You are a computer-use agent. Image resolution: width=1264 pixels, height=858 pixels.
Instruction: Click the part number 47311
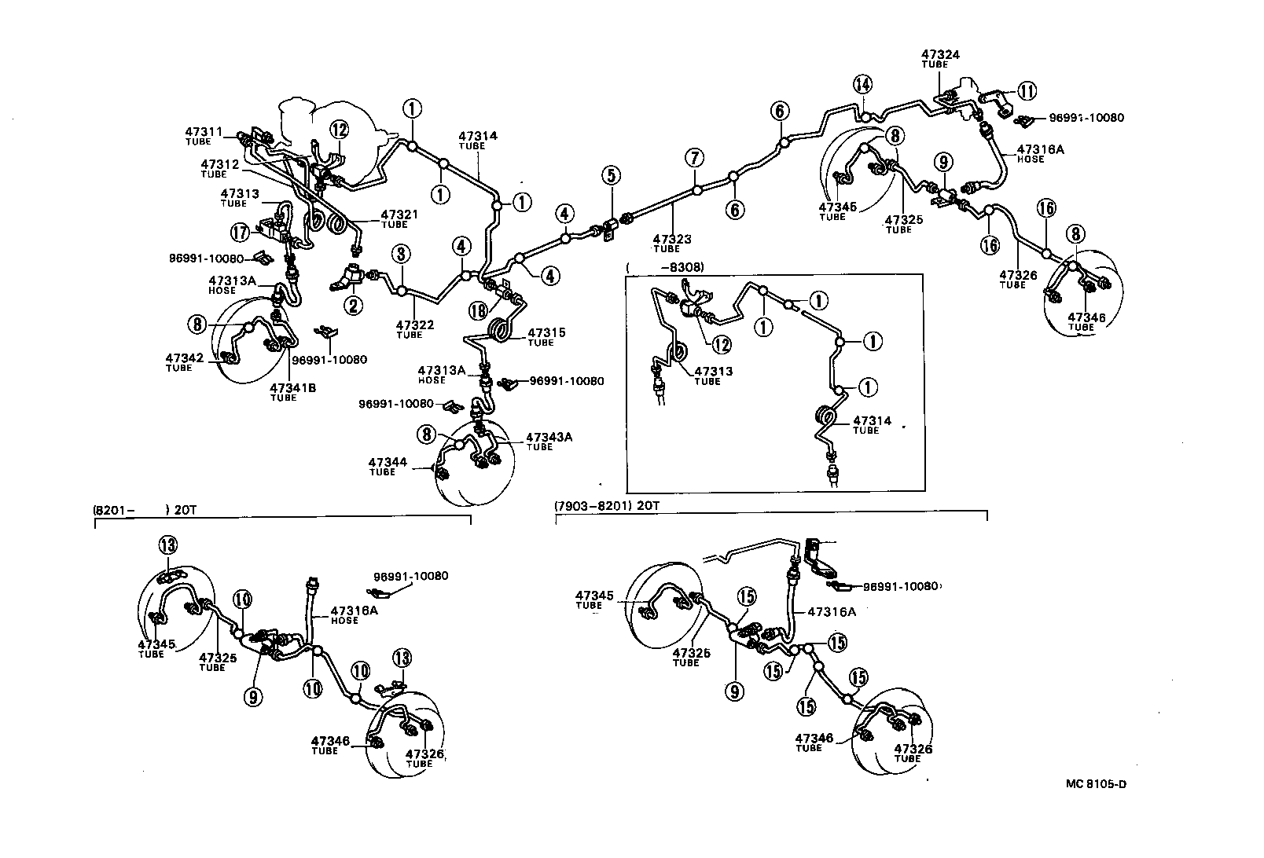click(204, 132)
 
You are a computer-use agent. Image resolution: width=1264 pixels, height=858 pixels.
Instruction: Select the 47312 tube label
click(219, 164)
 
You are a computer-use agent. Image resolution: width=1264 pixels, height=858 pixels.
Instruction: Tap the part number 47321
click(400, 214)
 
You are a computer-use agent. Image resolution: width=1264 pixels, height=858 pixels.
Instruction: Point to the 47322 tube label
click(415, 324)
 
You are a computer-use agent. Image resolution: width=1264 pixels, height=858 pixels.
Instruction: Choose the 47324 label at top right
click(940, 55)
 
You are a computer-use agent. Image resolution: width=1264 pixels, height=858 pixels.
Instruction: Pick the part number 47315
click(546, 333)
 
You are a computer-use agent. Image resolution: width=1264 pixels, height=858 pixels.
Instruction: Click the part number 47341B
click(293, 388)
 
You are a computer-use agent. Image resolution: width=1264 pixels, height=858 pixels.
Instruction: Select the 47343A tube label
click(549, 437)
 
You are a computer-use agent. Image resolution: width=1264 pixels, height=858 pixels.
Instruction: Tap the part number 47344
click(388, 463)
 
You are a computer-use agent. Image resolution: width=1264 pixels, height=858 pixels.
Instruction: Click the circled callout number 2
click(355, 306)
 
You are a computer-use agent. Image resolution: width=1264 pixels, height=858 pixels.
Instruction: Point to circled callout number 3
click(401, 254)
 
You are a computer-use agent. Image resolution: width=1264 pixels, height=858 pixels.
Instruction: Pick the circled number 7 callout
click(694, 157)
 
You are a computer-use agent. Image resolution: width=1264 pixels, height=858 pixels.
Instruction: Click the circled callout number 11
click(1027, 91)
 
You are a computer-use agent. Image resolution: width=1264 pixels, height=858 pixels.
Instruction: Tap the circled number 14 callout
click(863, 84)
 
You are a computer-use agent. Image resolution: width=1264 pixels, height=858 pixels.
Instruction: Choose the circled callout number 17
click(240, 232)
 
